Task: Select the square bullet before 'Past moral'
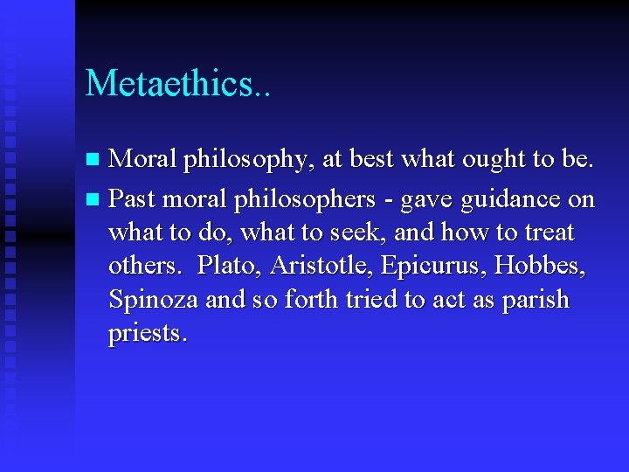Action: point(94,200)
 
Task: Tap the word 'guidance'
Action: point(510,201)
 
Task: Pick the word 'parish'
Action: point(534,301)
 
